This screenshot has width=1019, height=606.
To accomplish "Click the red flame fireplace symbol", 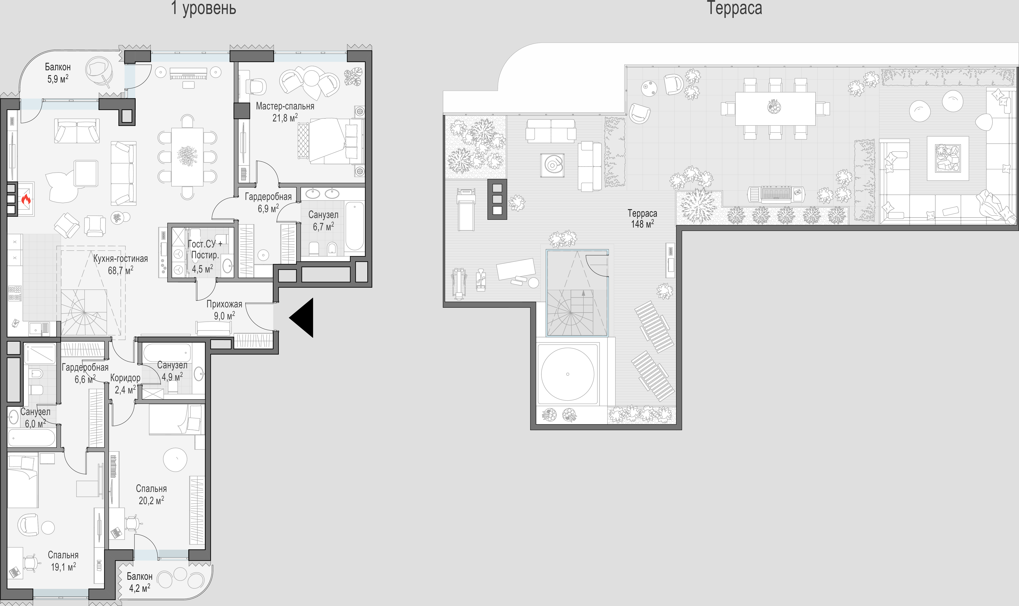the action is (x=26, y=199).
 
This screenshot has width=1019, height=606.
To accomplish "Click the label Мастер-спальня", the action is (x=285, y=106).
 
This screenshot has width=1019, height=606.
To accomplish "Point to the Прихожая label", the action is (x=224, y=304).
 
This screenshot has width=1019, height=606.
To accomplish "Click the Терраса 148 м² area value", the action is (x=643, y=224).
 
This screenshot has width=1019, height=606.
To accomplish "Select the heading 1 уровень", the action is (x=204, y=8).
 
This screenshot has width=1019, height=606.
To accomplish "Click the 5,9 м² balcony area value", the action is (x=58, y=79).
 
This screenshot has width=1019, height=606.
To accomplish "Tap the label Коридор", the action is (x=125, y=378).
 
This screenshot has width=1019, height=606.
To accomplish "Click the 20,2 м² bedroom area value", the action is (x=151, y=500).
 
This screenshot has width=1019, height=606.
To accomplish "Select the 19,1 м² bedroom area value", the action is (x=63, y=567).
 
